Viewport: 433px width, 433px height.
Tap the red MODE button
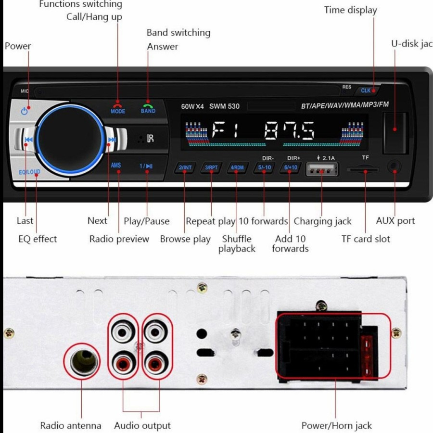coord(118,107)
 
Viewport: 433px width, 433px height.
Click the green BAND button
coord(148,107)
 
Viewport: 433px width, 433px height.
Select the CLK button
coord(366,90)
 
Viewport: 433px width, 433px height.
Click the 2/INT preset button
coord(185,167)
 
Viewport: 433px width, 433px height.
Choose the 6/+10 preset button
coord(291,167)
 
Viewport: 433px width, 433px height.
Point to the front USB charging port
coord(321,170)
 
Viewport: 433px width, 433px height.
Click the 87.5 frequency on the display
coord(290,131)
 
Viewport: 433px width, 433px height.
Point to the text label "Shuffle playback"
coord(237,243)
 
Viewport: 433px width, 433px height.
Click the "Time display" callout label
coord(350,10)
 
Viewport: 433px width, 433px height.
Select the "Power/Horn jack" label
coord(336,425)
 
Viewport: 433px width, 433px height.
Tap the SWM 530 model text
coord(224,106)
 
